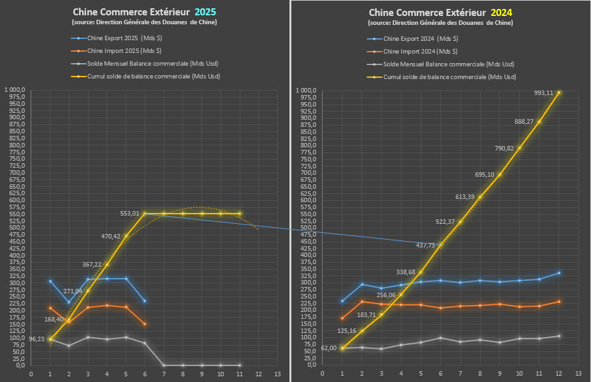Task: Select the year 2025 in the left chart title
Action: (205, 12)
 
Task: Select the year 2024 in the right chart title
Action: (500, 12)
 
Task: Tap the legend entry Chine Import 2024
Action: (421, 51)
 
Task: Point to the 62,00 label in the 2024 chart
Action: (328, 348)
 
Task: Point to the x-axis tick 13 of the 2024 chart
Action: (578, 373)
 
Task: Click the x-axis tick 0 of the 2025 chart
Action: (31, 374)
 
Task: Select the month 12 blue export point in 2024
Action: (559, 273)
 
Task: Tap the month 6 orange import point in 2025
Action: (145, 324)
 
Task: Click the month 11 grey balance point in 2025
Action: (239, 365)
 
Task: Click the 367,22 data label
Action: (92, 265)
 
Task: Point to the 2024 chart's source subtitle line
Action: (440, 23)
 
